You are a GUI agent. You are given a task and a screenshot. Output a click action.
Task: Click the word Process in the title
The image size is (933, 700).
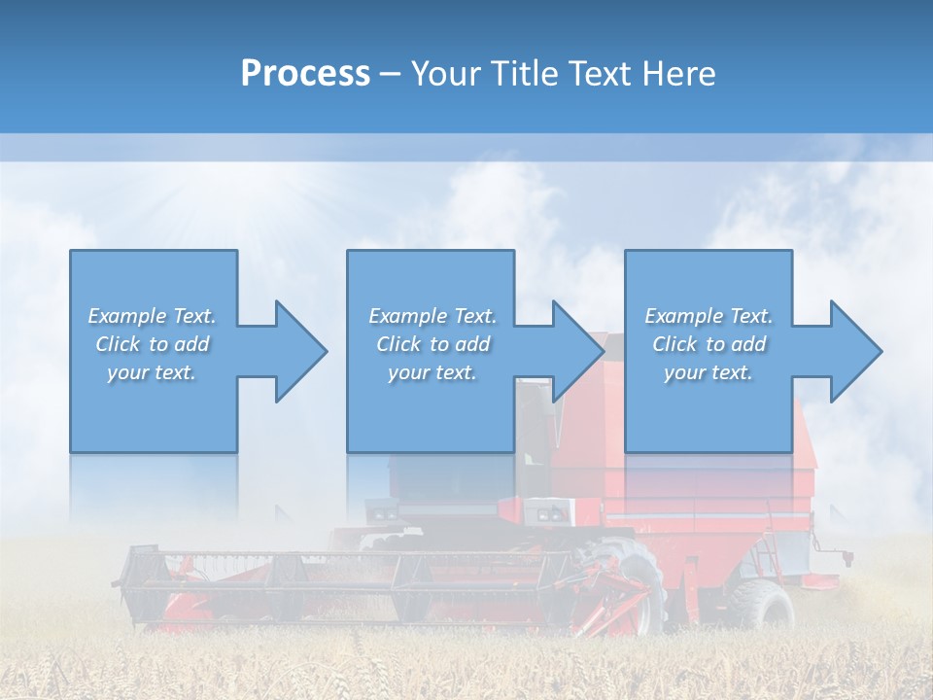click(x=305, y=73)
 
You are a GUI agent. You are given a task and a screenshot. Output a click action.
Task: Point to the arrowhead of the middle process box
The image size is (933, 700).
click(x=577, y=351)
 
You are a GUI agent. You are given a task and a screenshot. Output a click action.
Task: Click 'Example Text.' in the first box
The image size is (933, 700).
click(x=152, y=316)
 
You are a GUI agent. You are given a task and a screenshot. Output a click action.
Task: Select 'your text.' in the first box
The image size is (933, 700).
click(x=152, y=372)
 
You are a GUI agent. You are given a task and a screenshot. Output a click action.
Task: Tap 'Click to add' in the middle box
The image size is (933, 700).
click(x=432, y=344)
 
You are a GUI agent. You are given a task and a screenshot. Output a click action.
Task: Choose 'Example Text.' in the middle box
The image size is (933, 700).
click(x=432, y=316)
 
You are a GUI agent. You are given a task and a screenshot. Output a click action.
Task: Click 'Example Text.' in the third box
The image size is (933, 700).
click(x=708, y=316)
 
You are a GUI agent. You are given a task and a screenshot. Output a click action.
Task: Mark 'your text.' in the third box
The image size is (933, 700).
click(x=708, y=372)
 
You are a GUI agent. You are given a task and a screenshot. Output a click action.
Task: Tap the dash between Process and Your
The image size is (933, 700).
click(x=390, y=74)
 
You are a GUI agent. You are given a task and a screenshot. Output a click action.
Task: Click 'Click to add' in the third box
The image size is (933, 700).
click(x=708, y=344)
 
